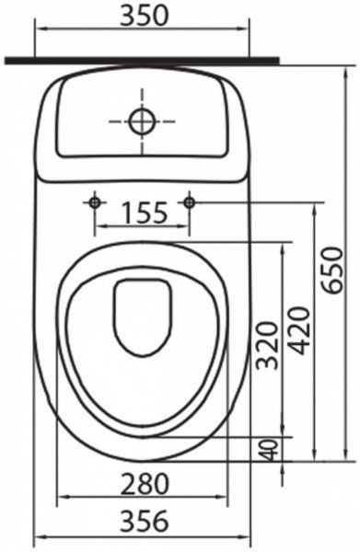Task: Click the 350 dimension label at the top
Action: point(145,16)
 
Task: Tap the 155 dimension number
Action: point(145,213)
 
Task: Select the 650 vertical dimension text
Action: point(332,270)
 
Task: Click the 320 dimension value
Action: point(267,345)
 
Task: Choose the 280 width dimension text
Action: point(145,484)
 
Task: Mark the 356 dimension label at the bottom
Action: point(145,521)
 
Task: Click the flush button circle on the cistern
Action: point(143,121)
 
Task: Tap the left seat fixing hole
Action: point(95,202)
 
